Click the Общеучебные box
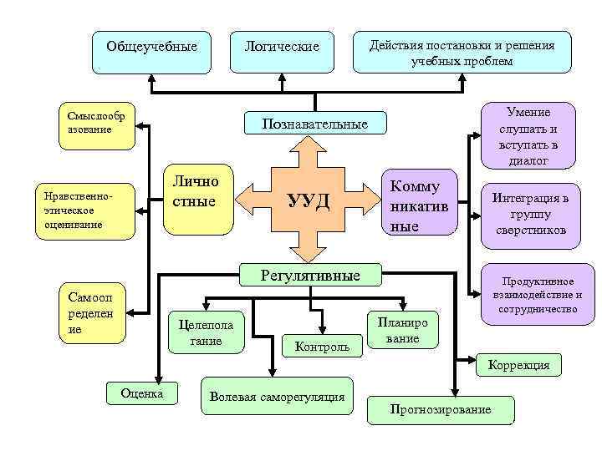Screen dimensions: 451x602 [150, 48]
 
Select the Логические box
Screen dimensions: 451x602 [282, 48]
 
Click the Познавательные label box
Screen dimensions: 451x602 [315, 124]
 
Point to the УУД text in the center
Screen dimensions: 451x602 [309, 200]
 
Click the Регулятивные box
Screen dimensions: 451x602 [310, 275]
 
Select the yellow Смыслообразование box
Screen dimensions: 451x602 [96, 128]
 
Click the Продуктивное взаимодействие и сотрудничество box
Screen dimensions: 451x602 [536, 295]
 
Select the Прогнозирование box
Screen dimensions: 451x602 [441, 409]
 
